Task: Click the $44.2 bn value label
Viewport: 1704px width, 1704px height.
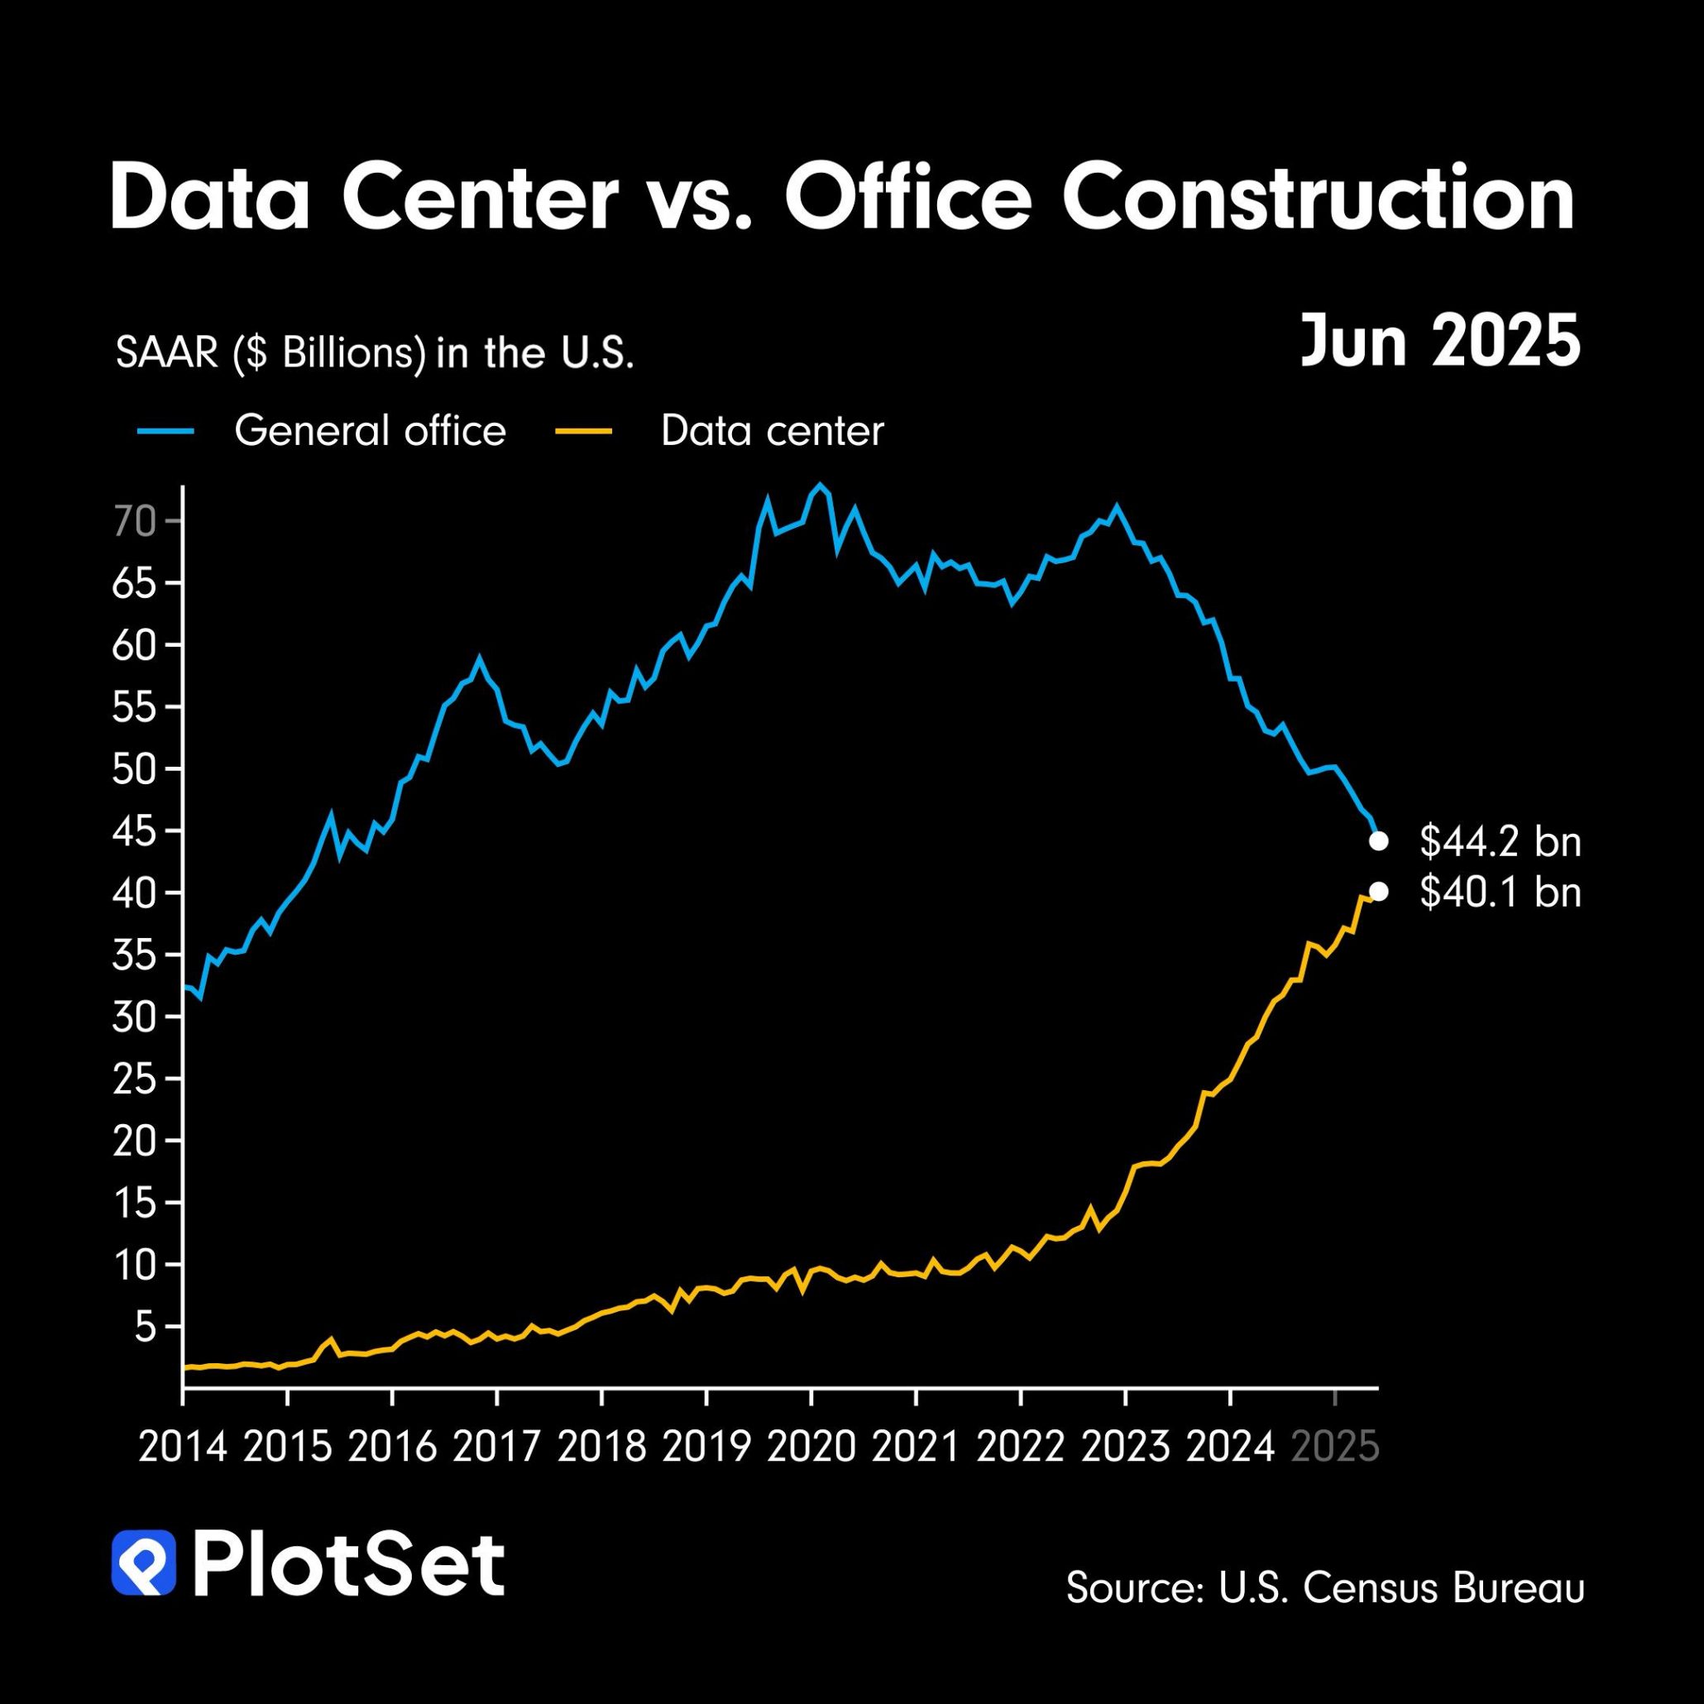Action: pos(1500,842)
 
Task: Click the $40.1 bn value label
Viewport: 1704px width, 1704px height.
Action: pos(1500,893)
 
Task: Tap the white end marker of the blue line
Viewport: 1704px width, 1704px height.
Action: pos(1377,842)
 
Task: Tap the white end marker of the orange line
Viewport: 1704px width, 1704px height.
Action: pos(1377,893)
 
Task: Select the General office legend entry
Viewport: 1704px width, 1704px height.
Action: pos(370,431)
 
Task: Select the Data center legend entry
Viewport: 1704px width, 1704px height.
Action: pos(772,431)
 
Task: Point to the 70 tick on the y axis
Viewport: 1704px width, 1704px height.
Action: pos(134,522)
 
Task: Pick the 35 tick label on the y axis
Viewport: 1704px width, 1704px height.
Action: pos(134,955)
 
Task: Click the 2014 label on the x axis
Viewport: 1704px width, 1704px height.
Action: pos(183,1448)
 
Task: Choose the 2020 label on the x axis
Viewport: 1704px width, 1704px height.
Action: pos(811,1448)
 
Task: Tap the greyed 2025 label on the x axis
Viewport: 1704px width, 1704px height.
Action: pos(1334,1448)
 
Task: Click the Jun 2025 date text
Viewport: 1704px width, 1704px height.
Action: pos(1439,342)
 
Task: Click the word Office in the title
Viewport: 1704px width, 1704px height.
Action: pos(907,199)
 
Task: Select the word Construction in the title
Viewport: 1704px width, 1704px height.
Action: pos(1318,199)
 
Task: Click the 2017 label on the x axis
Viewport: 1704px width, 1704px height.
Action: pos(496,1448)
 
